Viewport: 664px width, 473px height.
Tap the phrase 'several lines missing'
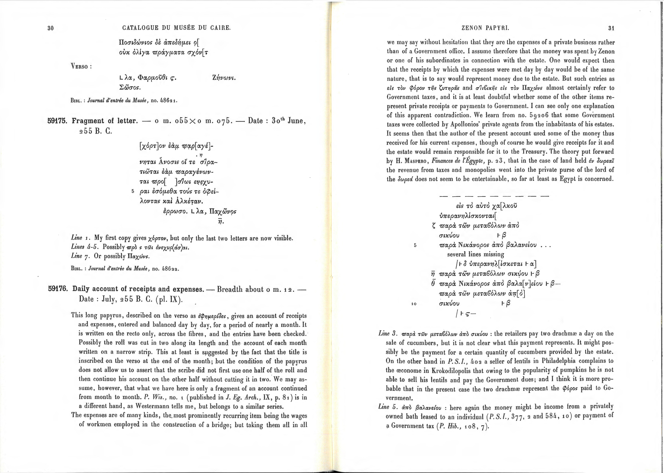click(x=475, y=254)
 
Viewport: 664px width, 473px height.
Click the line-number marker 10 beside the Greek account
click(x=414, y=304)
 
